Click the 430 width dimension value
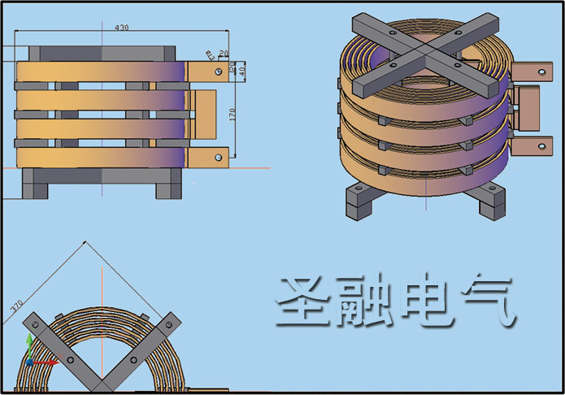(x=121, y=28)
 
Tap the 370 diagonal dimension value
(x=16, y=307)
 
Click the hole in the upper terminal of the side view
(x=218, y=72)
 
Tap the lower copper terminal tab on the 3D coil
(x=528, y=146)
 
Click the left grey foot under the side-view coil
(x=37, y=184)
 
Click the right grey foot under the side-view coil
(x=169, y=184)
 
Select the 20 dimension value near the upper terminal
(x=224, y=54)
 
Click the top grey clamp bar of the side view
(x=102, y=53)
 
